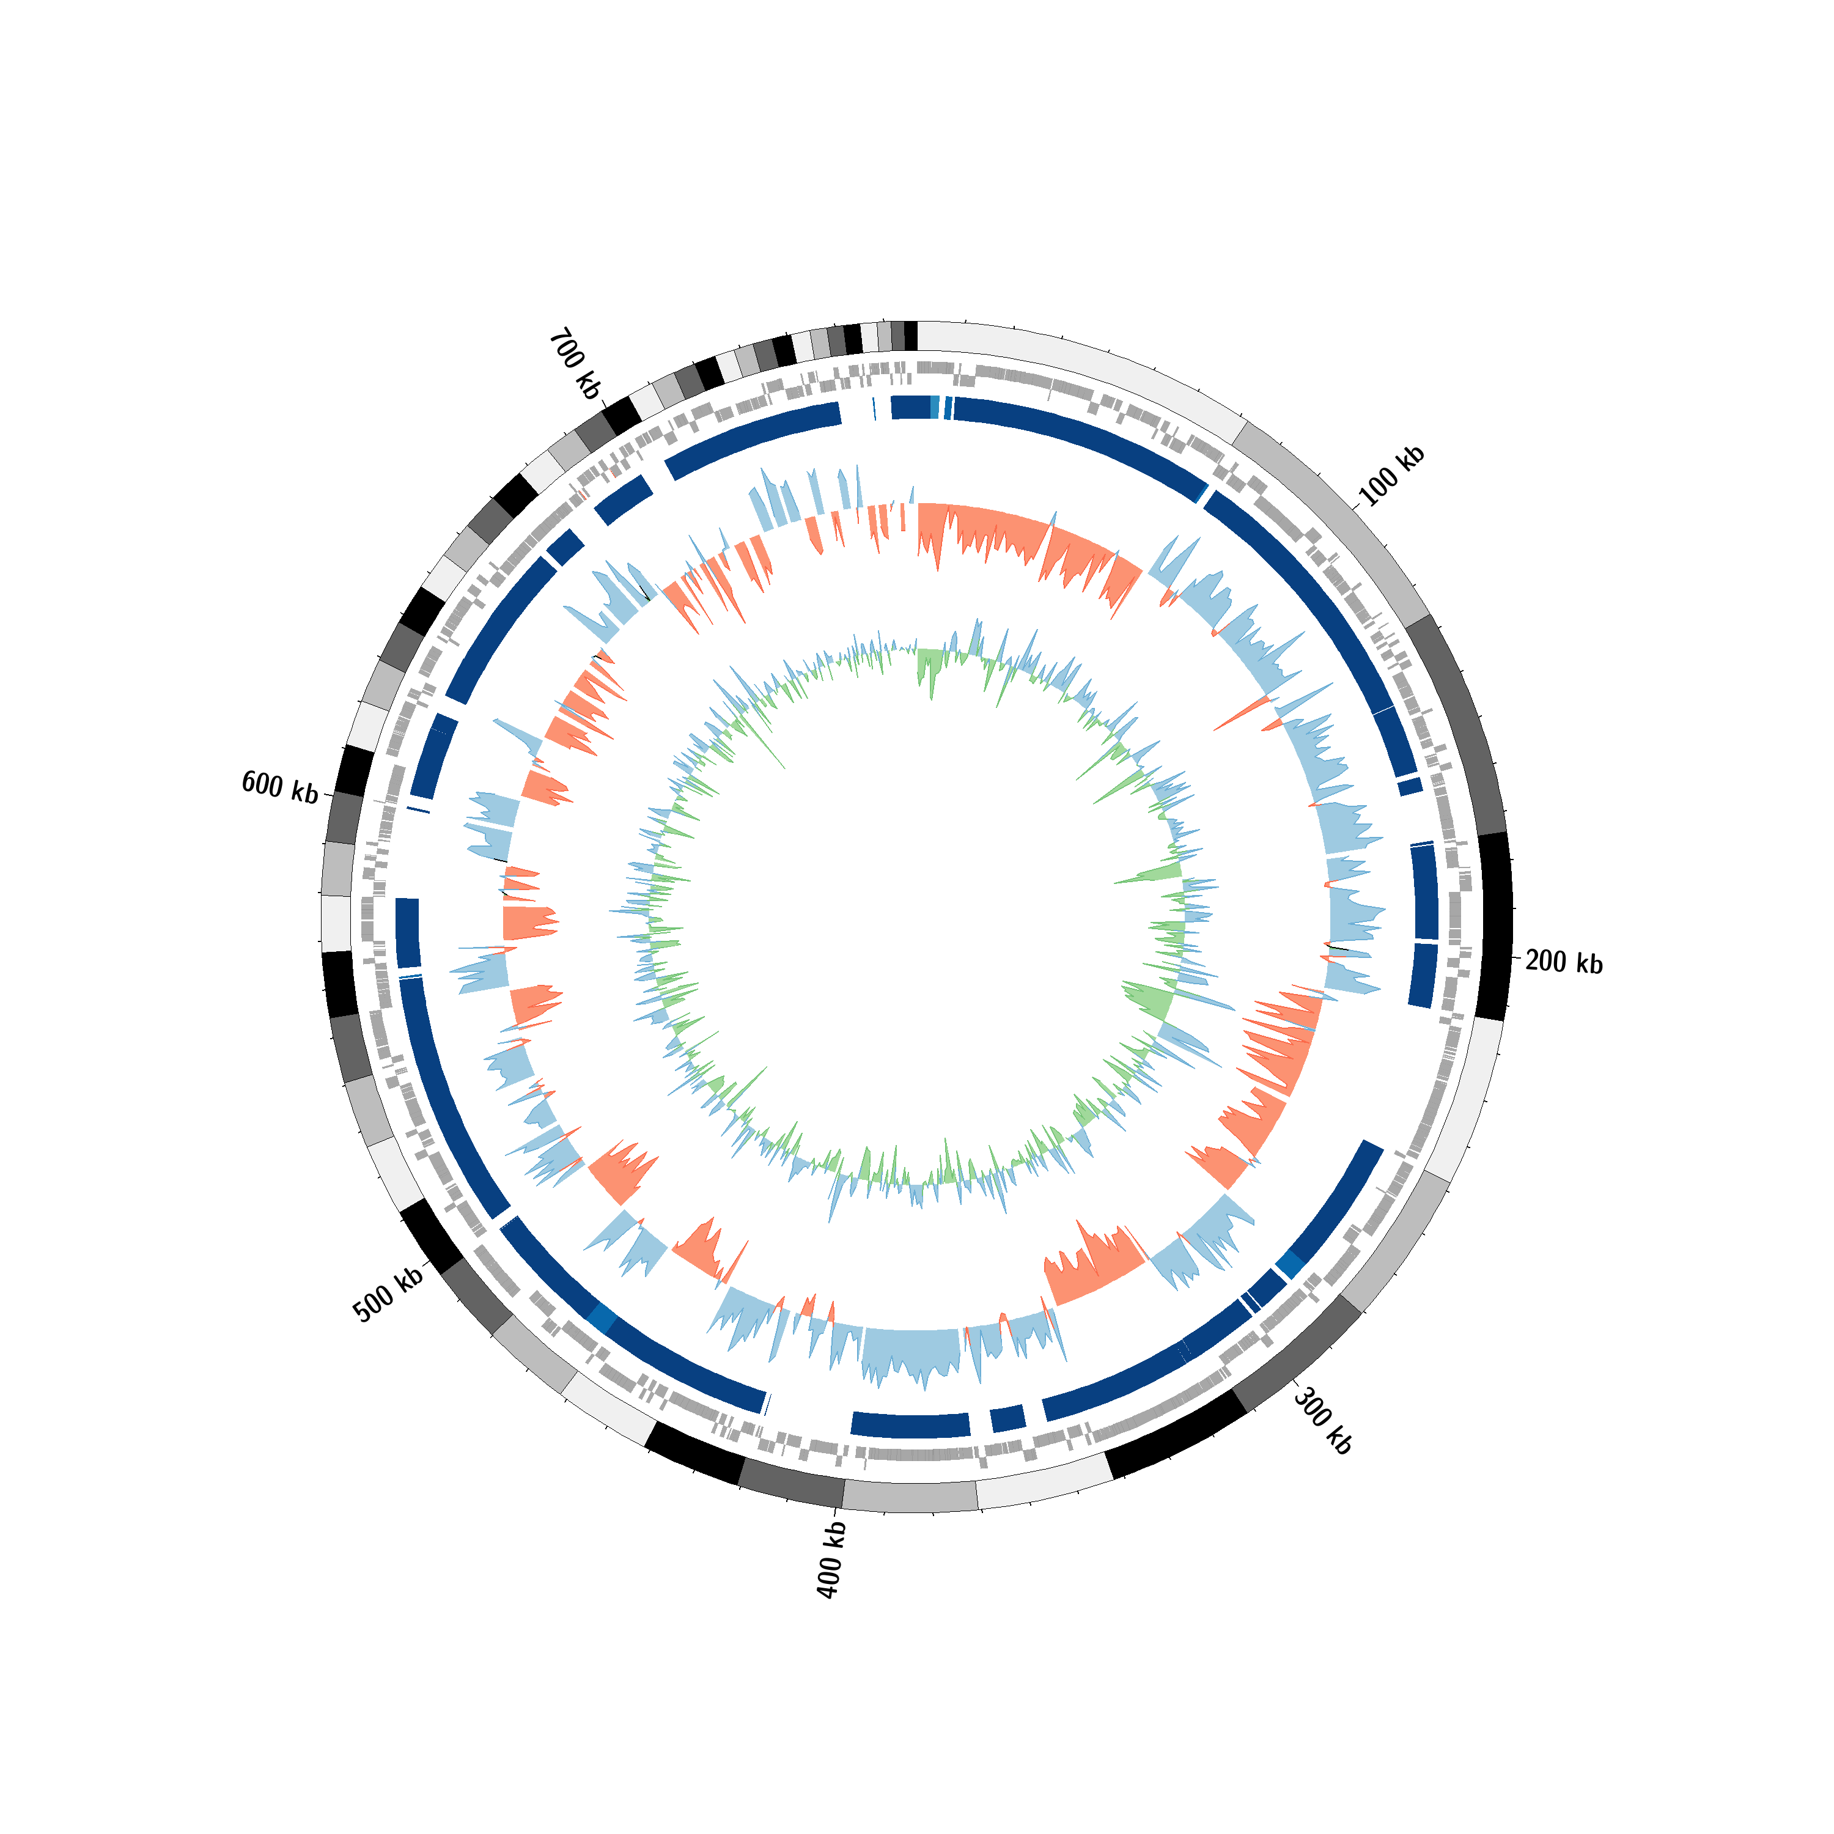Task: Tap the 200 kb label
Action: point(1563,963)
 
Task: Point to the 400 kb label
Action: point(831,1560)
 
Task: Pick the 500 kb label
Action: point(388,1295)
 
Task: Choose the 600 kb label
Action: point(280,787)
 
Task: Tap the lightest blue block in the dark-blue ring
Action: point(935,407)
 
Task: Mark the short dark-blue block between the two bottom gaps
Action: point(1008,1418)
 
